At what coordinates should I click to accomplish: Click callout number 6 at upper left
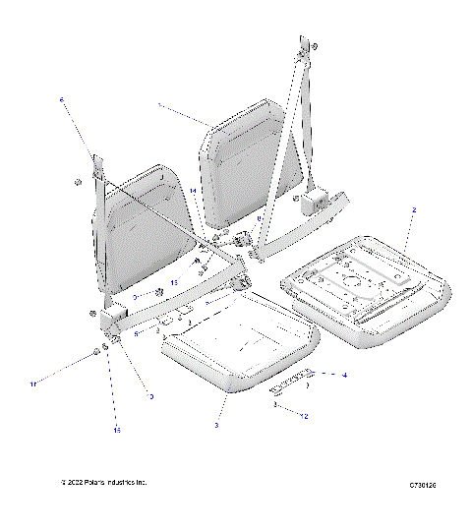click(x=61, y=99)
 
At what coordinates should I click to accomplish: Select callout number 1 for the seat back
click(x=158, y=103)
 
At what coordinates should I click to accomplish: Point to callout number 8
click(x=260, y=218)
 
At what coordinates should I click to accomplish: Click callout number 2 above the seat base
click(x=414, y=210)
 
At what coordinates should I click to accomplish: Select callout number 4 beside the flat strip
click(x=344, y=375)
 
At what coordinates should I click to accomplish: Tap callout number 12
click(x=306, y=417)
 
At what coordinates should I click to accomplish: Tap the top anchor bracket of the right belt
click(x=305, y=48)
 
